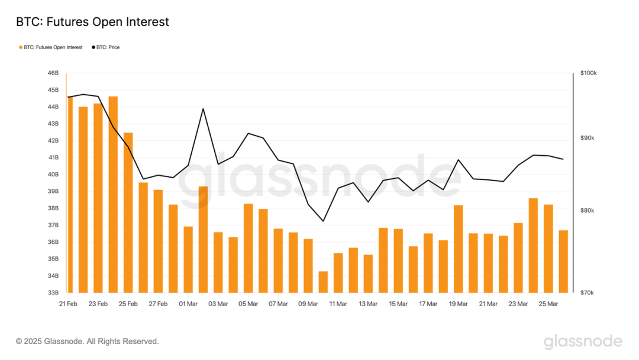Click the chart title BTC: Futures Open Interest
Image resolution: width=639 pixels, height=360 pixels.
(92, 22)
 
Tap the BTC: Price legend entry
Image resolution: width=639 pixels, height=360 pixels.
(105, 47)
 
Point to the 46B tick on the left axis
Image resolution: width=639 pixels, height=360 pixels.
(53, 73)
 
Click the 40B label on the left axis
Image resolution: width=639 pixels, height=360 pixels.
(53, 175)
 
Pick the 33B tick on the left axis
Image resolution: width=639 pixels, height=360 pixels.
(53, 292)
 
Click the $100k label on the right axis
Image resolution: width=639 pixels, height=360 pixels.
(588, 73)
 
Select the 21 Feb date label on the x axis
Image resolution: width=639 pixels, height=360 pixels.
(68, 304)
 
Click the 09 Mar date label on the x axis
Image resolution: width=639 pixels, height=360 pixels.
(308, 304)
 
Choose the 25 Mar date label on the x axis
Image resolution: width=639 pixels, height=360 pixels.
(548, 304)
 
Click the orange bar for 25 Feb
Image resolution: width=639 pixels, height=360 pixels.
(128, 213)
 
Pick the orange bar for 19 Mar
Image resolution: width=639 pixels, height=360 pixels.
(458, 249)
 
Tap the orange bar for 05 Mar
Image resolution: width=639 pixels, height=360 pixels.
(248, 248)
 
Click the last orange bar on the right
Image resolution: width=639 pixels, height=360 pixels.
(563, 261)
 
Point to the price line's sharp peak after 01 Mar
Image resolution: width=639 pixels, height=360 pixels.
(203, 108)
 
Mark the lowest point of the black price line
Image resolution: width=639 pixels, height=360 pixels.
(323, 221)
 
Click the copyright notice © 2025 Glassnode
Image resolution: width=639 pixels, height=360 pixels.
(87, 342)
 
